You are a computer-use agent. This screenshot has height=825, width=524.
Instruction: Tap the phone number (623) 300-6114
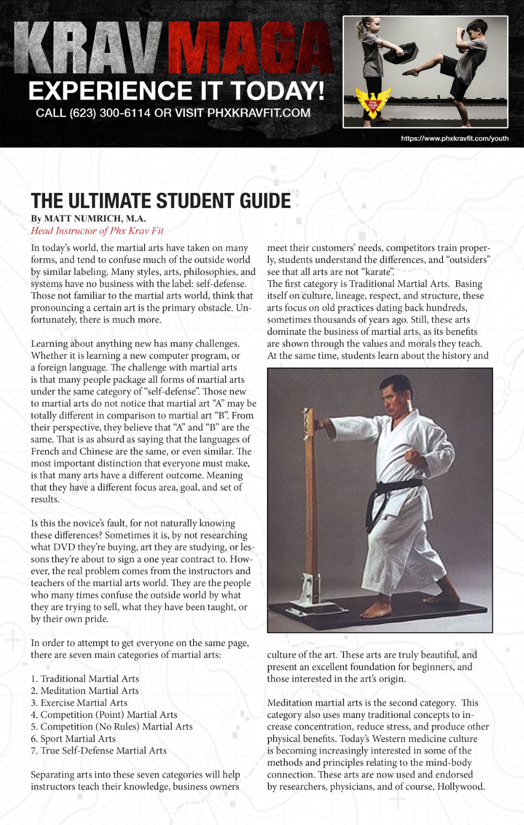click(x=110, y=113)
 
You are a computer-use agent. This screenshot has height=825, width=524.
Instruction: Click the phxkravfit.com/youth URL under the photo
click(x=455, y=139)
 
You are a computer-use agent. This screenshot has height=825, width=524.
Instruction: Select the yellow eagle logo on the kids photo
click(x=373, y=102)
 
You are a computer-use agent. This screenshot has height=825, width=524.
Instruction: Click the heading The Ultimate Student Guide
click(x=161, y=201)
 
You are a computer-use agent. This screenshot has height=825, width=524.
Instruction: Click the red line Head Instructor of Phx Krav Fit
click(x=97, y=231)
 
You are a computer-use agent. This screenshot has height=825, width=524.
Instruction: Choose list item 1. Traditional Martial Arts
click(x=85, y=679)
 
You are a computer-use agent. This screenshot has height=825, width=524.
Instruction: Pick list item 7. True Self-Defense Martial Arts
click(x=98, y=750)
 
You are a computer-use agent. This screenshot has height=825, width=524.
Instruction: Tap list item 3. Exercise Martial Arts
click(x=79, y=703)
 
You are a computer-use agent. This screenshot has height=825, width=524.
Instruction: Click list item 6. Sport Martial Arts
click(x=73, y=739)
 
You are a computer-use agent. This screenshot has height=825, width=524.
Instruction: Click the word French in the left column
click(x=47, y=451)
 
